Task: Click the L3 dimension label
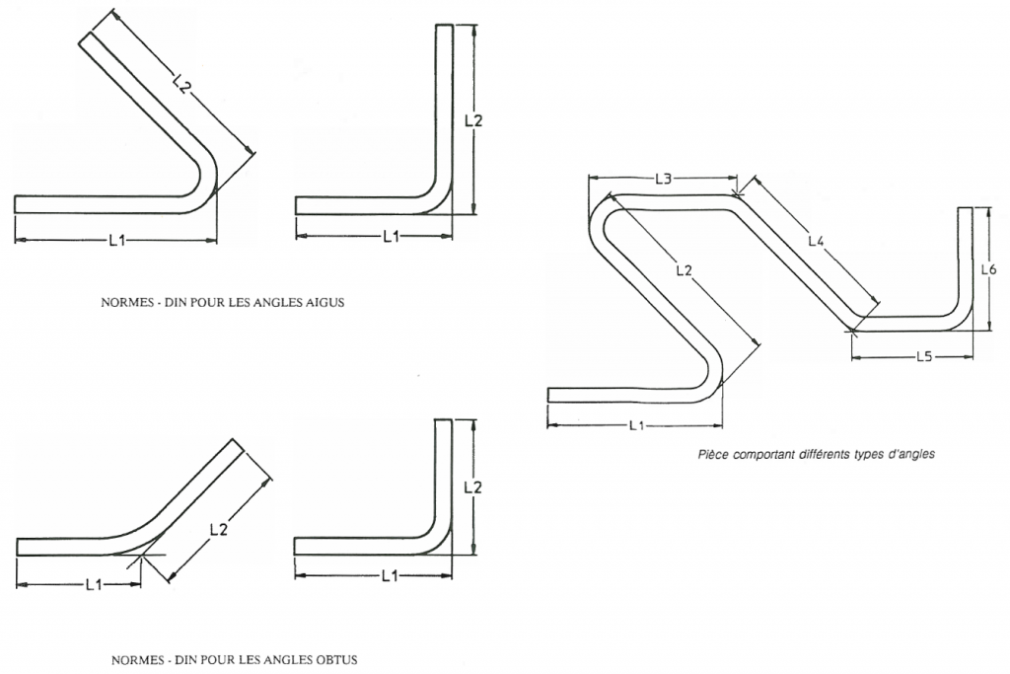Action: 663,179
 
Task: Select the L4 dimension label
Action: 816,240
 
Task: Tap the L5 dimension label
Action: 923,355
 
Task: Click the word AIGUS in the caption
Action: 325,303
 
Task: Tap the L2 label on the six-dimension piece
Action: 685,269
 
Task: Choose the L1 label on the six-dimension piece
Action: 635,425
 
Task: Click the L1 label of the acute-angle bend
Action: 115,240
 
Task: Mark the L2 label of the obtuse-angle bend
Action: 219,530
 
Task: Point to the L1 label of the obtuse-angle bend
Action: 94,584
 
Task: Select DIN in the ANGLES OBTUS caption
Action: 184,659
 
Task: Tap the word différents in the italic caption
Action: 826,455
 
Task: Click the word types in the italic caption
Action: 871,455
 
